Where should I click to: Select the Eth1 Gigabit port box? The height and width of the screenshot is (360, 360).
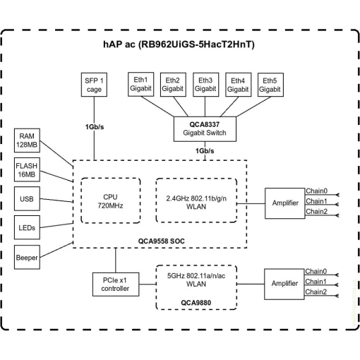[x=140, y=85]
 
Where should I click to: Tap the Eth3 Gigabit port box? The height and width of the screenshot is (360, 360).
[x=205, y=85]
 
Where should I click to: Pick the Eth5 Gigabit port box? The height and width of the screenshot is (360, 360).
[x=270, y=85]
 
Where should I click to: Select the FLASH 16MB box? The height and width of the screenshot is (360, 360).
[x=28, y=170]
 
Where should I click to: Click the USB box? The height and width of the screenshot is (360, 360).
[x=28, y=199]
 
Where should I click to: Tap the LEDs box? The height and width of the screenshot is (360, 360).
[x=28, y=228]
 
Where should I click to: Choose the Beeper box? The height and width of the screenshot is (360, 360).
[x=28, y=258]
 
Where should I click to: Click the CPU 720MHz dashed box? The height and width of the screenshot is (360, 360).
[x=111, y=200]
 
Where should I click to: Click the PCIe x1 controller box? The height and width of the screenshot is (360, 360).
[x=115, y=284]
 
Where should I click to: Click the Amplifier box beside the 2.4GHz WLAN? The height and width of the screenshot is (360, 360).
[x=284, y=203]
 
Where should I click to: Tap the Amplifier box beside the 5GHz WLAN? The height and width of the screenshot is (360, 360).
[x=284, y=283]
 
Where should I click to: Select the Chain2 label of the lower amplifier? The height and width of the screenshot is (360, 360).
[x=316, y=292]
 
